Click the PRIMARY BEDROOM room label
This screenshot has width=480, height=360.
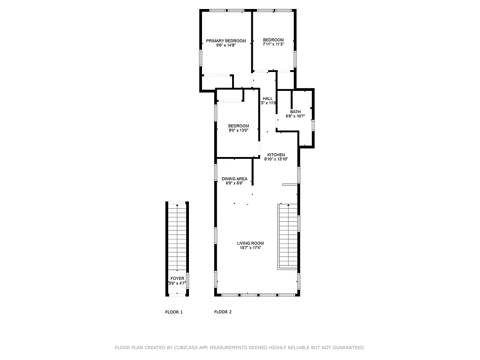(226, 41)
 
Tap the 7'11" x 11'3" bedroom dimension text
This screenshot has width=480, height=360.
(273, 45)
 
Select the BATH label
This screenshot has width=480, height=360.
(295, 112)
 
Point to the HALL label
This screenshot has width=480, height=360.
(268, 99)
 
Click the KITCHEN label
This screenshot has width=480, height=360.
(276, 155)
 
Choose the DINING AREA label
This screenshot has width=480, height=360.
(234, 179)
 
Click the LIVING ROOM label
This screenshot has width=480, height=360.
(251, 243)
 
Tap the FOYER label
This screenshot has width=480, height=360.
(177, 279)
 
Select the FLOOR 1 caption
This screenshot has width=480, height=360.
(174, 312)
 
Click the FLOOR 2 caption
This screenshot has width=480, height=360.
(223, 312)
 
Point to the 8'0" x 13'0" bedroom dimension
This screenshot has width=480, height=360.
(238, 130)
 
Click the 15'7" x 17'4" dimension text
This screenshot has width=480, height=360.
(251, 248)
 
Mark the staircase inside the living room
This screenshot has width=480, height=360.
(287, 236)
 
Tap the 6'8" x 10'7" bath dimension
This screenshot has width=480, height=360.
(295, 116)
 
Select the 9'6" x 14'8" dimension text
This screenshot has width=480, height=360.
(226, 45)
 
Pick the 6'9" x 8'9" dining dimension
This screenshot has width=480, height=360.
(234, 183)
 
